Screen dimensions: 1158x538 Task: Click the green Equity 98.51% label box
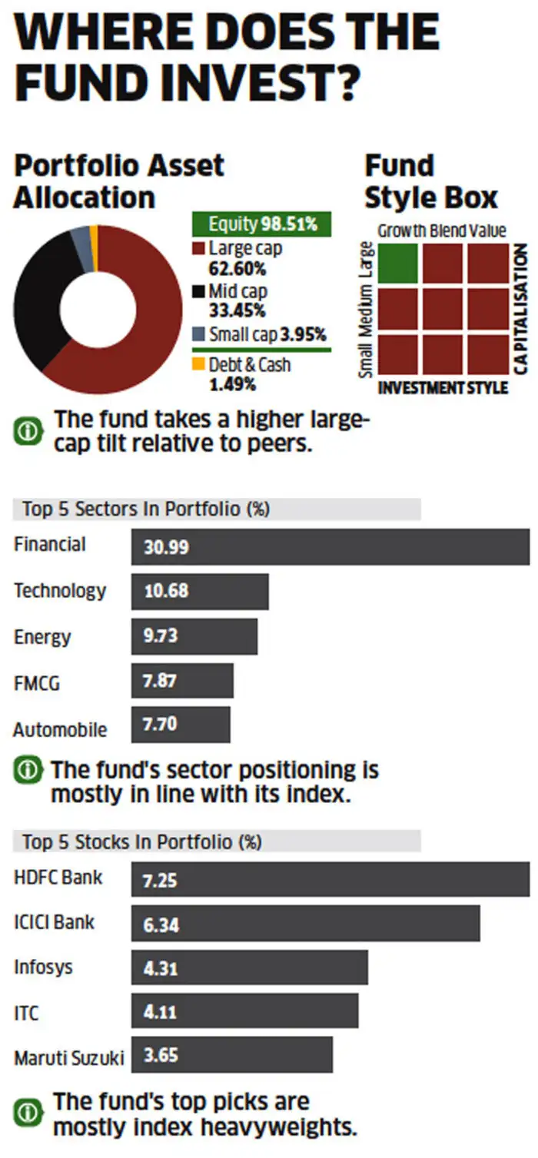click(x=261, y=224)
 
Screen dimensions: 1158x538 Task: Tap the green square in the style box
click(x=397, y=263)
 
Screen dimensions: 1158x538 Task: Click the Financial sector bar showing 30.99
click(x=330, y=547)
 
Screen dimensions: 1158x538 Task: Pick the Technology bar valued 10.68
click(x=200, y=592)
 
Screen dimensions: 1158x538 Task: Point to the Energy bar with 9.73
click(x=194, y=637)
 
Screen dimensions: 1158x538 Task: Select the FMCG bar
click(x=182, y=682)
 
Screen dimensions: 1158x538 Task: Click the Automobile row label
click(x=60, y=728)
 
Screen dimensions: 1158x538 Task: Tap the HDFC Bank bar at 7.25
click(x=330, y=879)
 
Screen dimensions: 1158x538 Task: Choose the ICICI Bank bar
click(x=305, y=924)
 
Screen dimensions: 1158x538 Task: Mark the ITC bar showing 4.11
click(x=244, y=1012)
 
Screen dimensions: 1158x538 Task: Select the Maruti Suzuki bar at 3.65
click(x=232, y=1056)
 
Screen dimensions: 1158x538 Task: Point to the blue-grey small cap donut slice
click(x=80, y=241)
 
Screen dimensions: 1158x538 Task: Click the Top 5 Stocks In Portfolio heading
click(x=142, y=841)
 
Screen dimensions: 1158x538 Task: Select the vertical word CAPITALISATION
click(x=522, y=310)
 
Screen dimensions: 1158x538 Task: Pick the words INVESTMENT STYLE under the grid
click(x=443, y=387)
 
